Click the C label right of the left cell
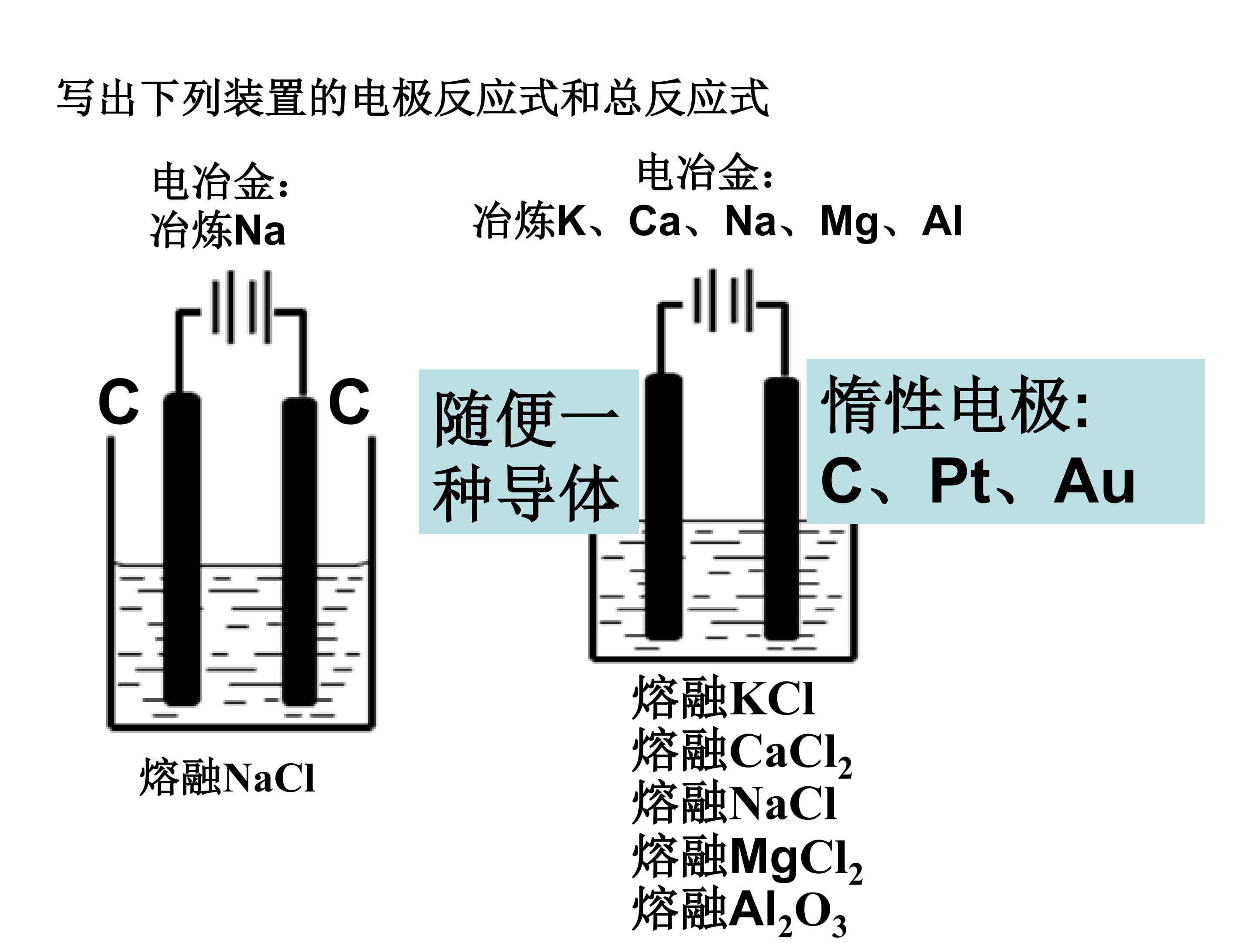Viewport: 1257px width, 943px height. coord(349,402)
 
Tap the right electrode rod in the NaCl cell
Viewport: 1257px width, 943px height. coord(300,551)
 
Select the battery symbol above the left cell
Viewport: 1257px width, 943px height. coord(241,307)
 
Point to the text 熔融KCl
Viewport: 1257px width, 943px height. coord(723,698)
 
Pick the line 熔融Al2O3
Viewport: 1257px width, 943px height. coord(739,911)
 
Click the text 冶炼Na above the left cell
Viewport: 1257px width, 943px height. coord(218,230)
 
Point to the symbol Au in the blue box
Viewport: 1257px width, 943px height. coord(1094,482)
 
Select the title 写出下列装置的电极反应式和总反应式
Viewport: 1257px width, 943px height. coord(413,98)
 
